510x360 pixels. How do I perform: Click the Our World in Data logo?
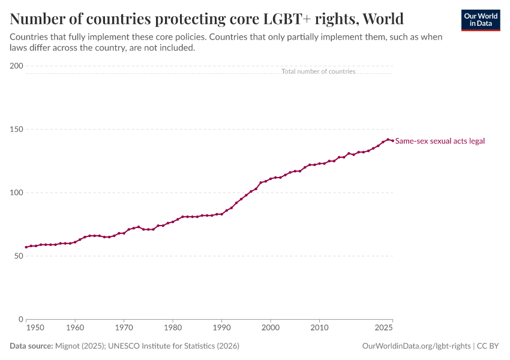click(x=481, y=20)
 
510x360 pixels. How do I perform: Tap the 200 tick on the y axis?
click(x=17, y=65)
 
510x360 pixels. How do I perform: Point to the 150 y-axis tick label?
click(x=17, y=129)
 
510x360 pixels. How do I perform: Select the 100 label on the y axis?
click(x=17, y=193)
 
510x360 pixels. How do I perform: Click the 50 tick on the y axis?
click(x=19, y=256)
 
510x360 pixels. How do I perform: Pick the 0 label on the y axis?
click(x=21, y=319)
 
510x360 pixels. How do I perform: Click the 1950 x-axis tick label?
click(x=35, y=328)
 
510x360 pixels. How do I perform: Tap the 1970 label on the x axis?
click(x=124, y=328)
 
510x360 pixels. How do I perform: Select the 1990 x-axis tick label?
click(x=222, y=328)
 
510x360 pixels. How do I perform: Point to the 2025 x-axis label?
click(x=384, y=328)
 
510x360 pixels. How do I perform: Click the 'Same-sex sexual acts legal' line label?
click(x=440, y=141)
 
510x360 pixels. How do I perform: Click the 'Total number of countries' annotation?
click(x=319, y=71)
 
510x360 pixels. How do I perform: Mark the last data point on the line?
click(x=392, y=141)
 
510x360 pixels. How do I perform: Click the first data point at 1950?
click(x=26, y=247)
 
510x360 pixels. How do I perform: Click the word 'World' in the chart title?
click(x=383, y=19)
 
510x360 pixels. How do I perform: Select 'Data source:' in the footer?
click(x=31, y=346)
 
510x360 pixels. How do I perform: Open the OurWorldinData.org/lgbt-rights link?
click(x=416, y=346)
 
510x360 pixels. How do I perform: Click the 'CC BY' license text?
click(x=488, y=346)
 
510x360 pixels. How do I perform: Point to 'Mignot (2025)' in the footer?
click(x=80, y=346)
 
